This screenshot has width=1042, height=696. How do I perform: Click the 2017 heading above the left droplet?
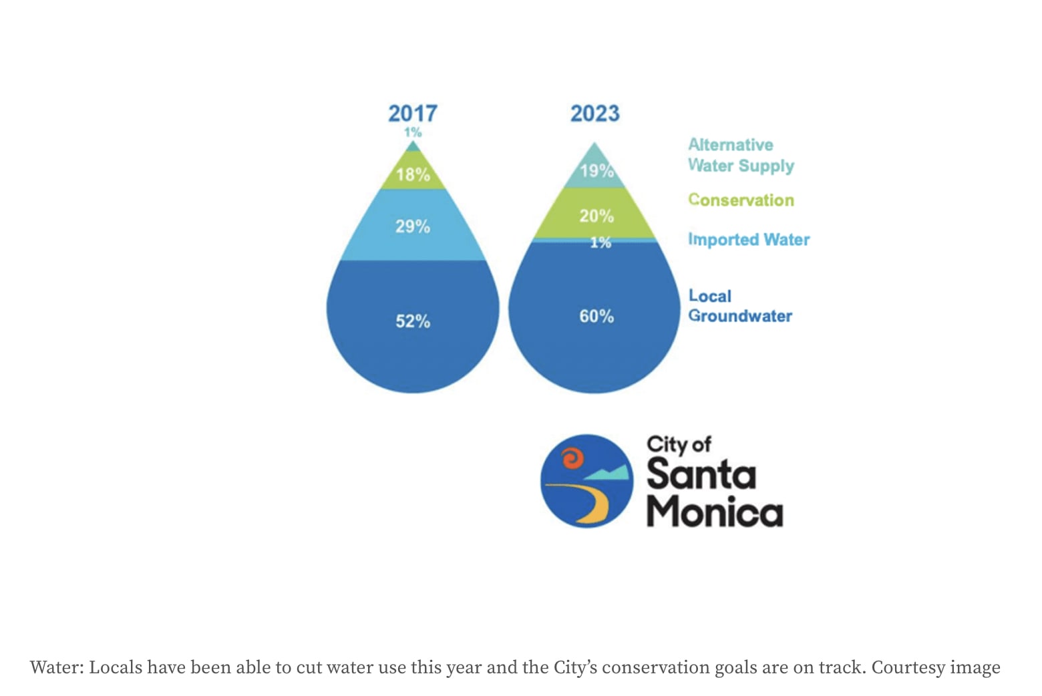click(x=413, y=113)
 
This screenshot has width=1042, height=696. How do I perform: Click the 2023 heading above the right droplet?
click(x=594, y=113)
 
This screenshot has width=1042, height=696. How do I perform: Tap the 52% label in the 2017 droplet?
click(x=413, y=321)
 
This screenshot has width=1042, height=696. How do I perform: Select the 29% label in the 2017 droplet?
click(x=413, y=226)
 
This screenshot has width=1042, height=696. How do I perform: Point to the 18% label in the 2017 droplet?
click(x=413, y=175)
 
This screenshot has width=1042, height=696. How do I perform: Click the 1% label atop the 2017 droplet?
click(x=413, y=132)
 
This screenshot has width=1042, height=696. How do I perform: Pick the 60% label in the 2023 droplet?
click(x=596, y=316)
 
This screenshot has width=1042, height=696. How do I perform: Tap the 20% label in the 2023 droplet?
click(x=596, y=216)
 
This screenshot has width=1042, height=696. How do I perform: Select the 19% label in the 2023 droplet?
click(x=596, y=171)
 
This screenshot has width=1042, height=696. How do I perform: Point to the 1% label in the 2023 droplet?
click(x=600, y=242)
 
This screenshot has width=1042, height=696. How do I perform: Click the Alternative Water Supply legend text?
click(x=741, y=155)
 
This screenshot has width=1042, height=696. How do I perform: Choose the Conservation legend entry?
click(x=741, y=200)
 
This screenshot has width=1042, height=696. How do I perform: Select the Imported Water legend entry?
click(x=749, y=239)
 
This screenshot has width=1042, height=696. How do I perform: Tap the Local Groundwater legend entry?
click(x=740, y=306)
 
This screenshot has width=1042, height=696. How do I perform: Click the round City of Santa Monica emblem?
click(x=586, y=481)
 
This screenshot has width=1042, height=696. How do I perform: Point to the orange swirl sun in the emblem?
click(x=572, y=459)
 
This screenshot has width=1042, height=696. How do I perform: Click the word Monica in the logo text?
click(x=714, y=512)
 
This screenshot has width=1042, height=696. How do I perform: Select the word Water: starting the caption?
click(x=57, y=667)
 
